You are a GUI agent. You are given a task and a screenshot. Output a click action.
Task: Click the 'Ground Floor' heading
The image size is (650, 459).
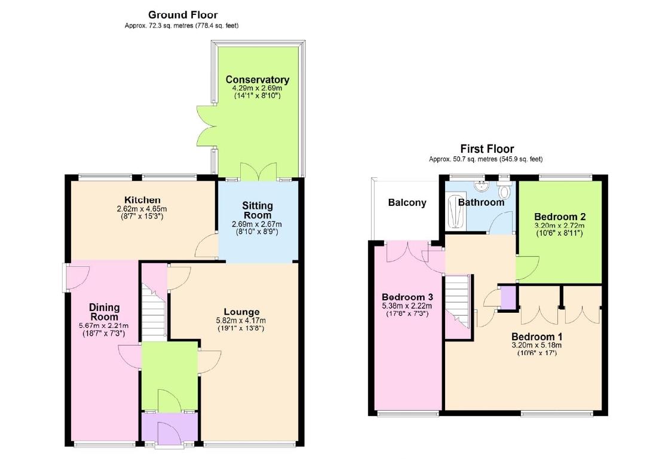tap(183, 15)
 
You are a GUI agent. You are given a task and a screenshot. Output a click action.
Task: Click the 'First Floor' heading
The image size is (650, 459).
tap(486, 149)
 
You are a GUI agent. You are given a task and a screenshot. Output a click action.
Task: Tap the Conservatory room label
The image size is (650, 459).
tap(257, 80)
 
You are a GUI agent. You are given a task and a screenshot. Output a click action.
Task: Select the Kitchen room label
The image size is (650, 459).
tap(142, 199)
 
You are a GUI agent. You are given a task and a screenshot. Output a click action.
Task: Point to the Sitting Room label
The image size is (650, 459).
tap(257, 210)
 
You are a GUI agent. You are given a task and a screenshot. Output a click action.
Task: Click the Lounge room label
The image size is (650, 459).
tap(241, 312)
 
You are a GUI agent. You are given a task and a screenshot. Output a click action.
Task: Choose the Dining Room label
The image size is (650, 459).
tap(104, 312)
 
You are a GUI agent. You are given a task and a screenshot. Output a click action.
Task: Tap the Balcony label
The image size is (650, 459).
tap(407, 202)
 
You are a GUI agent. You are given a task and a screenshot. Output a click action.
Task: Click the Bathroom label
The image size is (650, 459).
tap(481, 202)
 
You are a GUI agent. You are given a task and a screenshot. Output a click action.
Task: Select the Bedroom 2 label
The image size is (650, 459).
tap(559, 217)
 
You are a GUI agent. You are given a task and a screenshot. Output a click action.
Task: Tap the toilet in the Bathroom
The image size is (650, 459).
tap(505, 192)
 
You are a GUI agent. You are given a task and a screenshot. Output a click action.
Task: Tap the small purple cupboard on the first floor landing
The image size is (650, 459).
tap(508, 298)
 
